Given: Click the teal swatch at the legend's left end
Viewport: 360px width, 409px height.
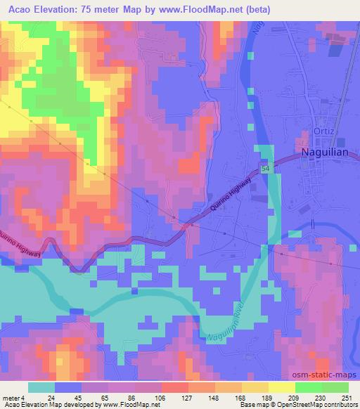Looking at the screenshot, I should [41, 387].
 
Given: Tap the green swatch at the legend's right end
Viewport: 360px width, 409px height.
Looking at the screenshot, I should [335, 387].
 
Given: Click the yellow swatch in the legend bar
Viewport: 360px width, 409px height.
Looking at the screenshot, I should [281, 387].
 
